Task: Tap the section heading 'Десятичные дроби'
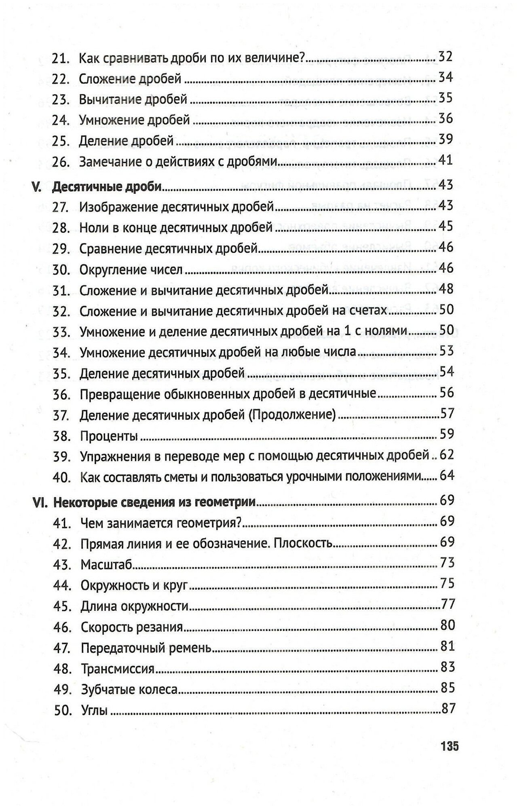tap(107, 186)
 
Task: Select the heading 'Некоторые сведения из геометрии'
tap(154, 502)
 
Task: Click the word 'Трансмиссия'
tap(118, 669)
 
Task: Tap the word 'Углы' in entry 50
tap(94, 710)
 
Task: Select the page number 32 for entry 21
tap(445, 57)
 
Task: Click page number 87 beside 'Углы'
tap(448, 709)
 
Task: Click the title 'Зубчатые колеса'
tap(129, 689)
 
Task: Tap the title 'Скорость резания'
tap(132, 627)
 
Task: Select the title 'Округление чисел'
tap(131, 269)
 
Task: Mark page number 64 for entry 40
tap(447, 475)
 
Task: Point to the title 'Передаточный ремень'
tap(146, 648)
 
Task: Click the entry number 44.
tap(62, 585)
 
